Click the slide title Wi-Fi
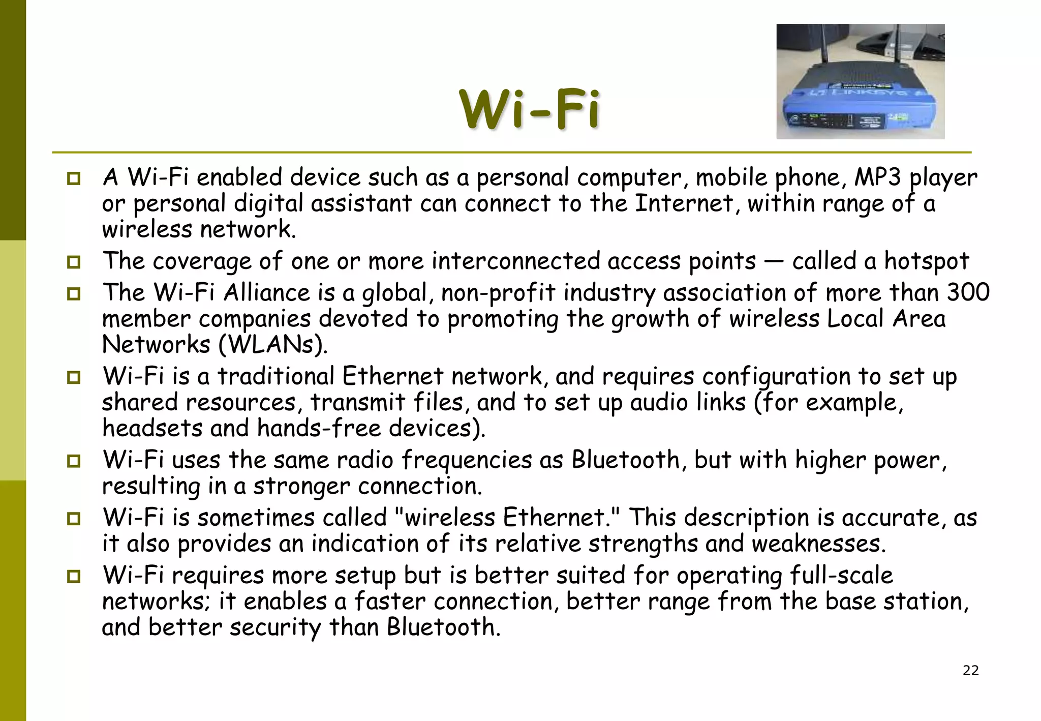[x=529, y=109]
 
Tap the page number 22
[x=970, y=670]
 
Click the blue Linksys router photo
[x=860, y=81]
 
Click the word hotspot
[x=926, y=261]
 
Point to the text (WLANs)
[x=273, y=345]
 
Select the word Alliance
[x=266, y=293]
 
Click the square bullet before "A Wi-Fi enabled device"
[x=74, y=178]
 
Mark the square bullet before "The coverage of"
[x=74, y=262]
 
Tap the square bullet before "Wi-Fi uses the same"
[x=74, y=461]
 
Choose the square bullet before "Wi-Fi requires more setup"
[x=74, y=576]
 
